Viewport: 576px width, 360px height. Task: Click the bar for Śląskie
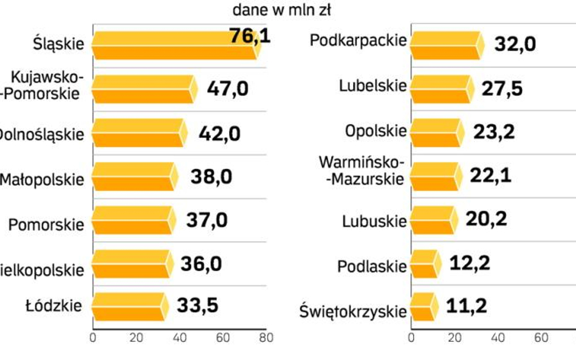tap(175, 45)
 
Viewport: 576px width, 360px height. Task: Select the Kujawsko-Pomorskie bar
tap(143, 89)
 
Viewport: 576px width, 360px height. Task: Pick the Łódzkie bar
tap(129, 307)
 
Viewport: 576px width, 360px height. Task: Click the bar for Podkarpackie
tap(446, 46)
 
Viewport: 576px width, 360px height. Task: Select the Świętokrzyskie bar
tap(423, 307)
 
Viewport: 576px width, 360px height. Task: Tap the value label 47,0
tap(227, 89)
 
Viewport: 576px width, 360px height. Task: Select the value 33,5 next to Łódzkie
tap(197, 305)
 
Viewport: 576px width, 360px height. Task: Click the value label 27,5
tap(502, 87)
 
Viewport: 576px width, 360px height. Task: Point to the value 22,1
tap(490, 176)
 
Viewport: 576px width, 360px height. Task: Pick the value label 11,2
tap(467, 306)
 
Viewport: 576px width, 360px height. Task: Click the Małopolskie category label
tap(42, 180)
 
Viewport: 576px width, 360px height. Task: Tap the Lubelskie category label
tap(372, 86)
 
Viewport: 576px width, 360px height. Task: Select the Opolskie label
tap(375, 131)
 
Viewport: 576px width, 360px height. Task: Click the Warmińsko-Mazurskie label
tap(361, 170)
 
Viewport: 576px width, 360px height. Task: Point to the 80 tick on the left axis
tap(266, 338)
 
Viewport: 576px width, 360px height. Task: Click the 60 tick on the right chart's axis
tap(541, 338)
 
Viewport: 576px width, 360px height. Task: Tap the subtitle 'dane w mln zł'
tap(282, 10)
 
